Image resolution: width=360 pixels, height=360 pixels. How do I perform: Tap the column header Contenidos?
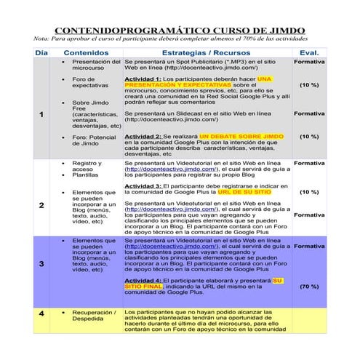click(x=87, y=53)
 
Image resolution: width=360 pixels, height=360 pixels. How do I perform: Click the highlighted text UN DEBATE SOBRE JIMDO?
click(x=242, y=137)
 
